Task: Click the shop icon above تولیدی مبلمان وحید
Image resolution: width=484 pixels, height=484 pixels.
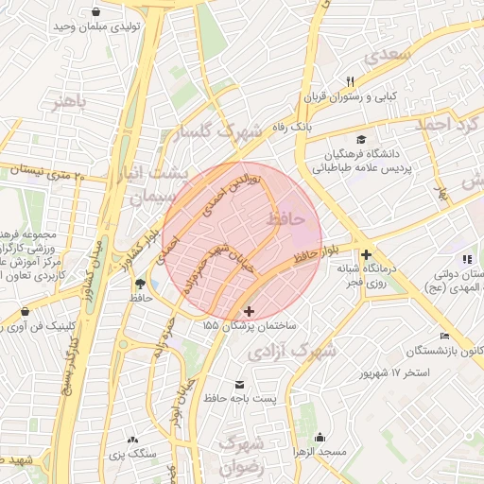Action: click(97, 12)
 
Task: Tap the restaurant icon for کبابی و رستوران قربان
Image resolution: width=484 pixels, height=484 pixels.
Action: click(350, 81)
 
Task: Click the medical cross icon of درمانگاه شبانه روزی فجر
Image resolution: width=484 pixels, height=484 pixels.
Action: click(366, 254)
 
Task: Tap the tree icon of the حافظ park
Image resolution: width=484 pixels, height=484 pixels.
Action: click(141, 283)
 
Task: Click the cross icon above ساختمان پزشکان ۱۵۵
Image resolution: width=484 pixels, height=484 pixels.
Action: click(249, 311)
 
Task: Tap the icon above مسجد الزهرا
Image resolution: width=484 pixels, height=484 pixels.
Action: click(320, 438)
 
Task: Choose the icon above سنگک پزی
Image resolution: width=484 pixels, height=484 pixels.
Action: click(131, 440)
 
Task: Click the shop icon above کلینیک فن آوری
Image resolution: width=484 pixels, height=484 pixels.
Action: click(24, 311)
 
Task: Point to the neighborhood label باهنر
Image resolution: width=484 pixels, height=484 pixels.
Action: click(69, 101)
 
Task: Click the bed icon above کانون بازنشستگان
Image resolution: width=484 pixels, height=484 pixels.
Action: click(445, 337)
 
